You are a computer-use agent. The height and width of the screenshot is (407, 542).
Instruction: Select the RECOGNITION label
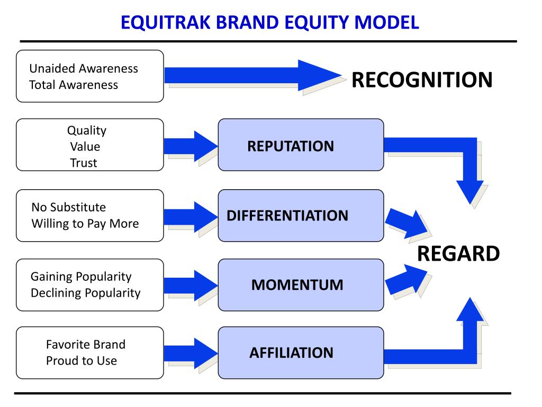coord(422,80)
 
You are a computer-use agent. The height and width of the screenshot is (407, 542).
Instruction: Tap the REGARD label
coord(458,254)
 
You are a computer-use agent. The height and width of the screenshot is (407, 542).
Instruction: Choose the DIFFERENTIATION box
coord(301,216)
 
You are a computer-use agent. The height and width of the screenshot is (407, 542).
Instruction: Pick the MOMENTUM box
coord(301,285)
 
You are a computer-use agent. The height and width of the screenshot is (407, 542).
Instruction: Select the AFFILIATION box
coord(301,352)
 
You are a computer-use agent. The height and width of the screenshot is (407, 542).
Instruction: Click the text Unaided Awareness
coord(84,68)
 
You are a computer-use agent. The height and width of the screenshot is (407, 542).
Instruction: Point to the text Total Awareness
coord(74,85)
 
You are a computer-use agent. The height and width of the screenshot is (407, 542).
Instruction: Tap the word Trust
coord(84,163)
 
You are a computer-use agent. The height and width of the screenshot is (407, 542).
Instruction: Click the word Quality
coord(86,130)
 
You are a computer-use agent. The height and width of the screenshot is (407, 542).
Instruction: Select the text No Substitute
coord(69,207)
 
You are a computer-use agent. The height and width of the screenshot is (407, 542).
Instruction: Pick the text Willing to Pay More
coord(85,224)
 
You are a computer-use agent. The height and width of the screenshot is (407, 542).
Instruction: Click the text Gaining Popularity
coord(81,277)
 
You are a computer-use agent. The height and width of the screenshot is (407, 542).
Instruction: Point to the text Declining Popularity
coord(86,293)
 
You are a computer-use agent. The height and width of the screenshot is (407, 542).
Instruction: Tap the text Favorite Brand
coord(86,344)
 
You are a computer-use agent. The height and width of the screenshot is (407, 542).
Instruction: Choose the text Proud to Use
coord(82,361)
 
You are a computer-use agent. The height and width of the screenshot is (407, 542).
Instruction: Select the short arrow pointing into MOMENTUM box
coord(191,285)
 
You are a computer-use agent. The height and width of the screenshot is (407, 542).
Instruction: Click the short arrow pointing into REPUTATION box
coord(191,146)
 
